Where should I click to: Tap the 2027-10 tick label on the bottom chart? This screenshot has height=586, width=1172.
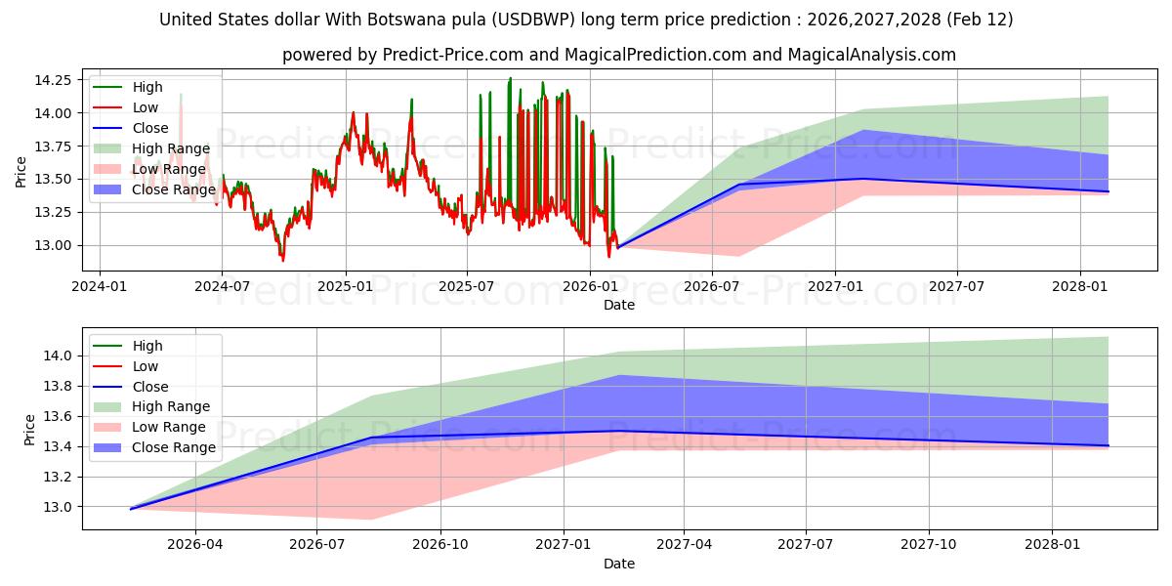929,545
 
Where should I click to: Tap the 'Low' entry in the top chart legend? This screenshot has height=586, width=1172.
146,107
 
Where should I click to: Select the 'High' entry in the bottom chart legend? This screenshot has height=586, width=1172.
147,346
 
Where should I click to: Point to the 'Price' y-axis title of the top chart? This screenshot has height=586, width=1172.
21,171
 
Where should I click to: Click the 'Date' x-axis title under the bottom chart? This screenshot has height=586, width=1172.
619,564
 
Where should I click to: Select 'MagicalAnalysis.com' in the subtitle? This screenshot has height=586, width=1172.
873,55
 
